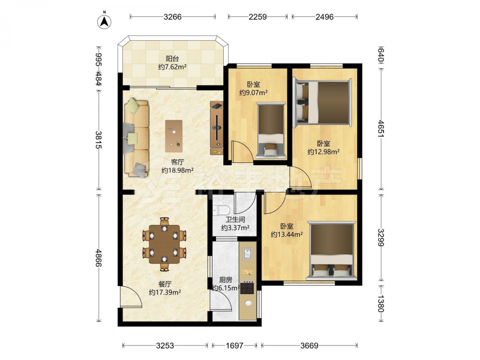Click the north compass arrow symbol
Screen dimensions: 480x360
[x=104, y=22]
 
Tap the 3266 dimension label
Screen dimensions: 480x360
[x=173, y=17]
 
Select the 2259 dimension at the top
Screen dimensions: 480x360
[x=257, y=17]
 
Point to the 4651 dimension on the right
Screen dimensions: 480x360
[x=381, y=128]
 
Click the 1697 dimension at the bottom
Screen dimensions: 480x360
[x=235, y=346]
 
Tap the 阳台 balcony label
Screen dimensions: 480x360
[x=172, y=59]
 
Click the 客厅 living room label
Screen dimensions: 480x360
[x=177, y=162]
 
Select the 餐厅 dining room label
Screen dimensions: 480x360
[x=165, y=284]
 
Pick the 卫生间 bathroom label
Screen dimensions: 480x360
[x=235, y=219]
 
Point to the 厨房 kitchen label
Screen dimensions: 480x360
[x=226, y=280]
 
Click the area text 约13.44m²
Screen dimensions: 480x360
[x=287, y=235]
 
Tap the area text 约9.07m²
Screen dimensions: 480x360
[x=253, y=93]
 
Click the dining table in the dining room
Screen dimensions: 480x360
[x=164, y=244]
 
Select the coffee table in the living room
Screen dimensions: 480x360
[x=174, y=136]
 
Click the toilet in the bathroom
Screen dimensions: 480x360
[x=221, y=210]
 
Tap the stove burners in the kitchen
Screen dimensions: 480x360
[x=247, y=288]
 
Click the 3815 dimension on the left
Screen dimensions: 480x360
[x=98, y=140]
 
